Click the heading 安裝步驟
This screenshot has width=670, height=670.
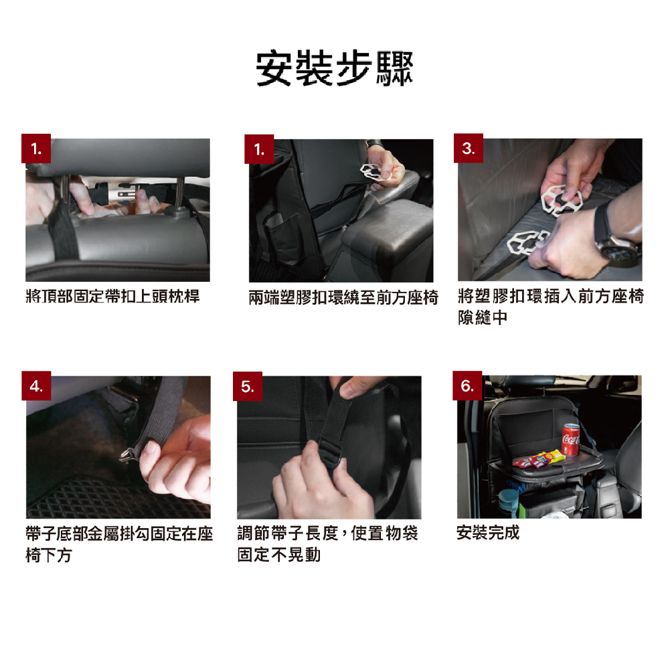335,68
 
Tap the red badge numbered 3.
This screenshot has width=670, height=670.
469,149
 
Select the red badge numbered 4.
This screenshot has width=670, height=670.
36,386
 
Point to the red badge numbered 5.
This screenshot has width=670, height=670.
248,386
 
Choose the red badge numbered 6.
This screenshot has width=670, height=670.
467,386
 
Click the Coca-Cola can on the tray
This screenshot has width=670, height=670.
570,439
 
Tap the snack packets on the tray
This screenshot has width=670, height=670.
538,459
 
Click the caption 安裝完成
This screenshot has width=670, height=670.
488,533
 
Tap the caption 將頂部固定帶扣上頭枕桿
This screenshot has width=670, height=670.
113,296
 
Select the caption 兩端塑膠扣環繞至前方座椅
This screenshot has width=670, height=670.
343,297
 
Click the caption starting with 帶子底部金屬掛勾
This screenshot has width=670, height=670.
119,544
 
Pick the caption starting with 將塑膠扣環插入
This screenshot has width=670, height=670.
551,307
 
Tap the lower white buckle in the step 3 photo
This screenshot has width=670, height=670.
526,242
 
